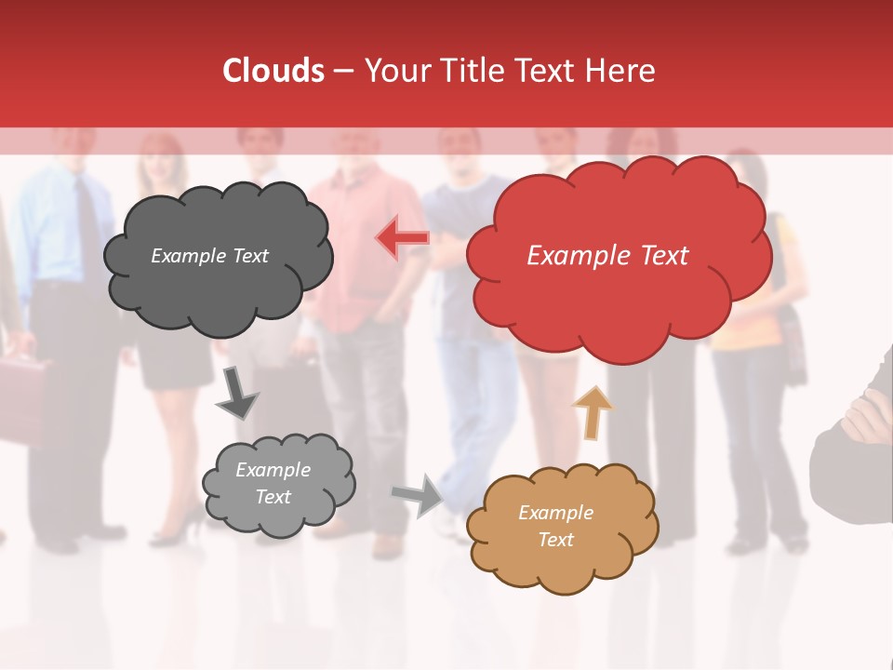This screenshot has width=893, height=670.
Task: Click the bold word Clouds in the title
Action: (x=273, y=71)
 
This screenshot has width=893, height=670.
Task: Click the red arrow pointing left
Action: (x=402, y=237)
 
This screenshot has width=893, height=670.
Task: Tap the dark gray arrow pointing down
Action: (x=237, y=393)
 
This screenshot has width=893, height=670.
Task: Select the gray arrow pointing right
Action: (x=418, y=494)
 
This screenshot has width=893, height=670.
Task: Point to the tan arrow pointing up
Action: (x=592, y=411)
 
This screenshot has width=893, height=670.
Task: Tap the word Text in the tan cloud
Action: (x=555, y=540)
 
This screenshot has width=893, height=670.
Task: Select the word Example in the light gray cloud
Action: (x=273, y=470)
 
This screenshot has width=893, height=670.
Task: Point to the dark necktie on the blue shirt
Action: (x=87, y=228)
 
